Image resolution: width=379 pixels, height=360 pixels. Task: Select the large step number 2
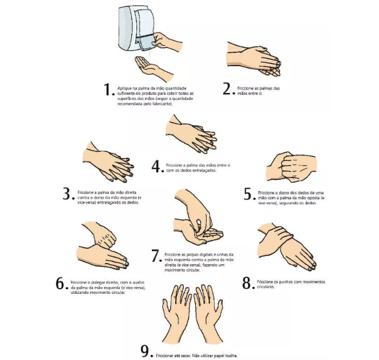pyautogui.click(x=227, y=88)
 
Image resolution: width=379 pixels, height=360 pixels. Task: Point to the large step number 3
pyautogui.click(x=67, y=193)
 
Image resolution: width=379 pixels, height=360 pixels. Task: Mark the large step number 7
pyautogui.click(x=156, y=256)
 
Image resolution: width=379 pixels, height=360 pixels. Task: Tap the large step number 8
pyautogui.click(x=247, y=283)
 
